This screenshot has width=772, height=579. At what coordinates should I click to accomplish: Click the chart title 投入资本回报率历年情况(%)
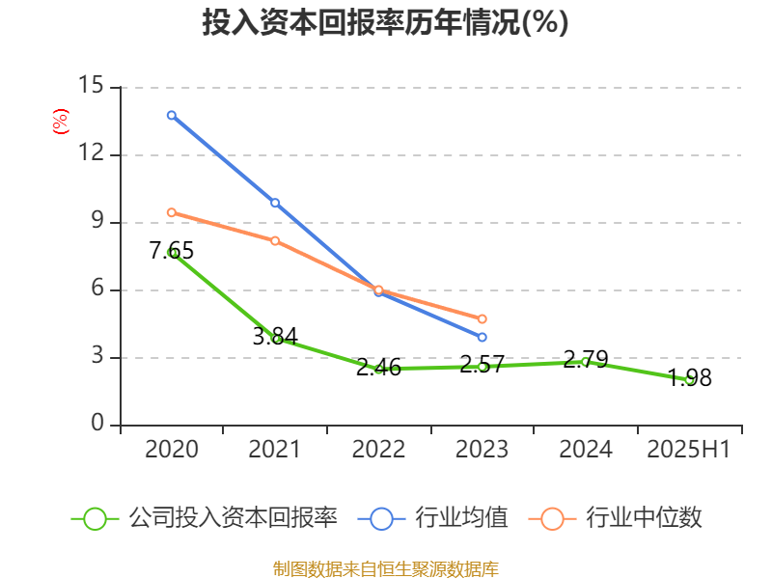385,23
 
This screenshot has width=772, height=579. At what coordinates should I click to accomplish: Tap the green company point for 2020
172,252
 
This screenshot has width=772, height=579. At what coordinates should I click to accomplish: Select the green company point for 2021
276,339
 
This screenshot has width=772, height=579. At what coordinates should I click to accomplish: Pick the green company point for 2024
585,362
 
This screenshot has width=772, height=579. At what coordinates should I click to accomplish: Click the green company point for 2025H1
689,380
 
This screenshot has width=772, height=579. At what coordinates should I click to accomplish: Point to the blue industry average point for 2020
172,115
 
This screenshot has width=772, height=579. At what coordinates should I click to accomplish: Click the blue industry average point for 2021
275,203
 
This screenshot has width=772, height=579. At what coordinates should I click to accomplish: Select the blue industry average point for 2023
482,337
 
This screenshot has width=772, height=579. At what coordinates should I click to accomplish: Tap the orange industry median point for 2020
172,212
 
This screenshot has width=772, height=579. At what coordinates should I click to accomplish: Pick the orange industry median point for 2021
275,240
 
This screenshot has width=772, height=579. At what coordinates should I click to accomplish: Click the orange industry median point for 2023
482,318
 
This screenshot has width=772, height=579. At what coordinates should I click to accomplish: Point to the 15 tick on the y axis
91,86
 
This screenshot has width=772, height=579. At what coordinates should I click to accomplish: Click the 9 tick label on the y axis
97,221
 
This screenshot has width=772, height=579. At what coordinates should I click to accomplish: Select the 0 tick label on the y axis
97,424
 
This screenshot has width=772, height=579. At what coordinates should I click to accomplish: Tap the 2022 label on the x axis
378,450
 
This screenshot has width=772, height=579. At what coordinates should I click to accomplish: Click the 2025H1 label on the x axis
689,450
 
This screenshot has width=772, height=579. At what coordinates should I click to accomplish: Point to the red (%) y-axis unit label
60,122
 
